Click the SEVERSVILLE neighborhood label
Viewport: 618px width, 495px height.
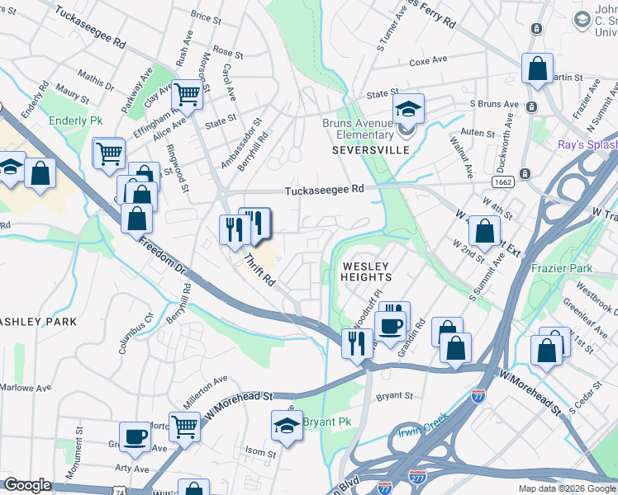click(x=365, y=151)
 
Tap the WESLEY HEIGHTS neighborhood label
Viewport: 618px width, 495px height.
click(x=365, y=271)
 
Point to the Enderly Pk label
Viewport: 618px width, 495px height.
click(x=75, y=121)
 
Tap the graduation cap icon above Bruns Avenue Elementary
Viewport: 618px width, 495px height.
click(x=407, y=108)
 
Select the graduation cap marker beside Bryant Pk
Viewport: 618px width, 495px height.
click(x=287, y=425)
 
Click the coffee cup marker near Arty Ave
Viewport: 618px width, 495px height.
click(x=135, y=436)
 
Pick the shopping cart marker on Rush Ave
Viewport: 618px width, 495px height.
click(x=188, y=94)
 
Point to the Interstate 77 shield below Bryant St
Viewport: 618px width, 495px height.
click(x=478, y=396)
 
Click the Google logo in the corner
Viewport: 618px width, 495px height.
click(x=28, y=485)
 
